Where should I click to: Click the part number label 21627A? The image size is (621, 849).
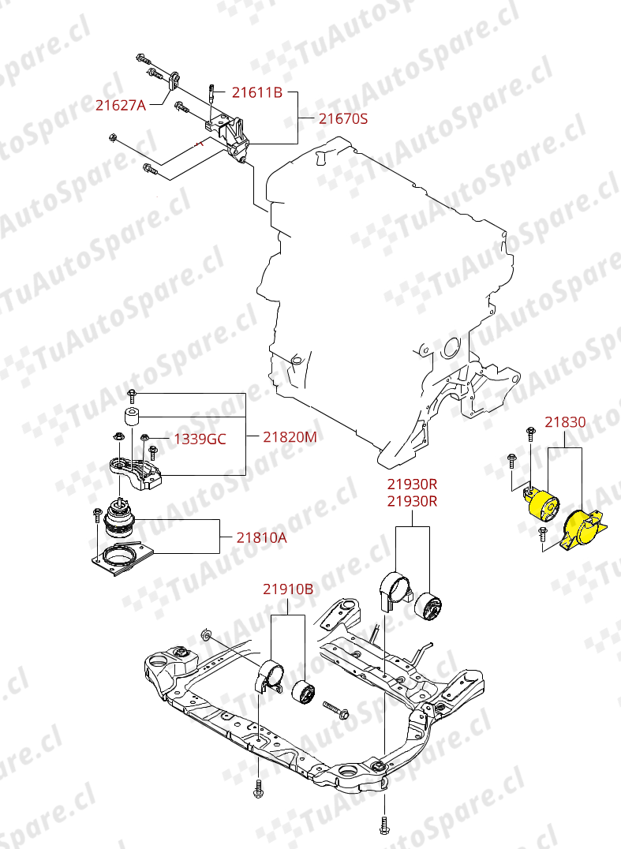pyautogui.click(x=121, y=105)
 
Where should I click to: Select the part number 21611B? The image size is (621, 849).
pyautogui.click(x=256, y=92)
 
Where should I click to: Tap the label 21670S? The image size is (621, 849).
pyautogui.click(x=343, y=120)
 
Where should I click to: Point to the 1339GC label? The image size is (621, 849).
pyautogui.click(x=200, y=439)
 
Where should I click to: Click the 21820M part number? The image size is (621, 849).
pyautogui.click(x=290, y=436)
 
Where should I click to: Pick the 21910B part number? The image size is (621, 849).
pyautogui.click(x=288, y=589)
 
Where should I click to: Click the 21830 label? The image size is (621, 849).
pyautogui.click(x=565, y=422)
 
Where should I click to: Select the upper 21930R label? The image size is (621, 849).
pyautogui.click(x=411, y=484)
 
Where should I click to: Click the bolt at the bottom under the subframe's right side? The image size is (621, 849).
pyautogui.click(x=383, y=825)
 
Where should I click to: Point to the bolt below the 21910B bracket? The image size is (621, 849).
pyautogui.click(x=259, y=789)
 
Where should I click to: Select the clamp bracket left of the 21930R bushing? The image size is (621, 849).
pyautogui.click(x=395, y=590)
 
